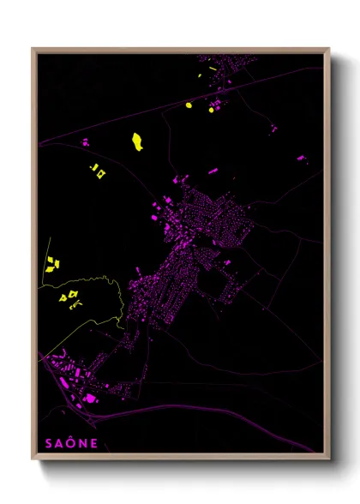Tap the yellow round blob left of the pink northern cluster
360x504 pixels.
[189, 105]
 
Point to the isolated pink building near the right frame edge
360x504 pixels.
[301, 158]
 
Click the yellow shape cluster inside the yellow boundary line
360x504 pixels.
[69, 297]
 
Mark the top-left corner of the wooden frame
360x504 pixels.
[33, 49]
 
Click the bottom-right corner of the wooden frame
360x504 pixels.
[329, 459]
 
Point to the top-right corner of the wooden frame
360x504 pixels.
[329, 49]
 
